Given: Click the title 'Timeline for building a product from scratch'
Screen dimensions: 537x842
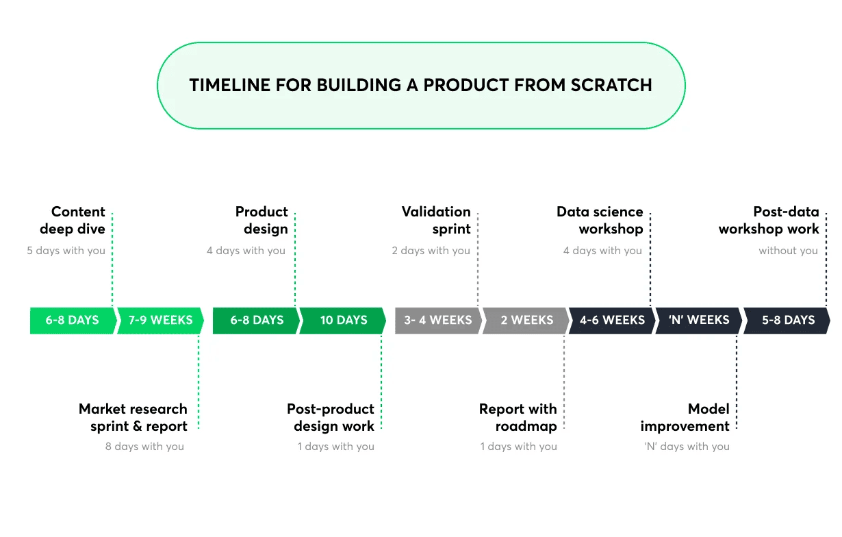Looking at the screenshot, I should (x=420, y=85).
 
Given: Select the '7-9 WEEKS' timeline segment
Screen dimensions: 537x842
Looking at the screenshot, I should (x=161, y=320).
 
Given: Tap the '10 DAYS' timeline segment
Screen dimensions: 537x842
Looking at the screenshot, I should (x=343, y=320).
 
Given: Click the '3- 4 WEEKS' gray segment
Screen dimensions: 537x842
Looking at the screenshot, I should (x=437, y=320).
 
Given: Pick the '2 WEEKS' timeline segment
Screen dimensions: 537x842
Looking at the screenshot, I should (x=526, y=320).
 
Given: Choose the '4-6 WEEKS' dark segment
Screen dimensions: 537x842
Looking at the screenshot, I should (x=612, y=320).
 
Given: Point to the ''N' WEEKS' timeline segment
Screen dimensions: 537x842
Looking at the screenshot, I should (x=698, y=320).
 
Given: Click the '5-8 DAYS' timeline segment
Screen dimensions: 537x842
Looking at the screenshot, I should (x=788, y=320).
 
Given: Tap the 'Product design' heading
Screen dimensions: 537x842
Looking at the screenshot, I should (x=262, y=220).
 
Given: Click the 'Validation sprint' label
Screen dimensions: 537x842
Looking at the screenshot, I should (x=437, y=220).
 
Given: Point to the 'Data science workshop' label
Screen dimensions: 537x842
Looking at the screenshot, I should (x=600, y=220).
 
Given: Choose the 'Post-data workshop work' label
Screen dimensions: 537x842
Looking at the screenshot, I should (x=769, y=220).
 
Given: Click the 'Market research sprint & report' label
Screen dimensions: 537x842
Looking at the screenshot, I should (x=133, y=417).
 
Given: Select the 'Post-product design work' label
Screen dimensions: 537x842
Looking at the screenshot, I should (x=331, y=417).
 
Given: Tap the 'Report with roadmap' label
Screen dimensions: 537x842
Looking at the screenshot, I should (x=519, y=417).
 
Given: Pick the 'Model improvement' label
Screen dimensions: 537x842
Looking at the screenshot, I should (x=686, y=417).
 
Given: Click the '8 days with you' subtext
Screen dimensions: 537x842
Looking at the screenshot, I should (x=144, y=447).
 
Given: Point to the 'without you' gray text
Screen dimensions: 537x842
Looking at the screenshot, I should (x=788, y=251).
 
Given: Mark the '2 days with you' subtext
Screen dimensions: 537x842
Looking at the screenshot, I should (x=431, y=251).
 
